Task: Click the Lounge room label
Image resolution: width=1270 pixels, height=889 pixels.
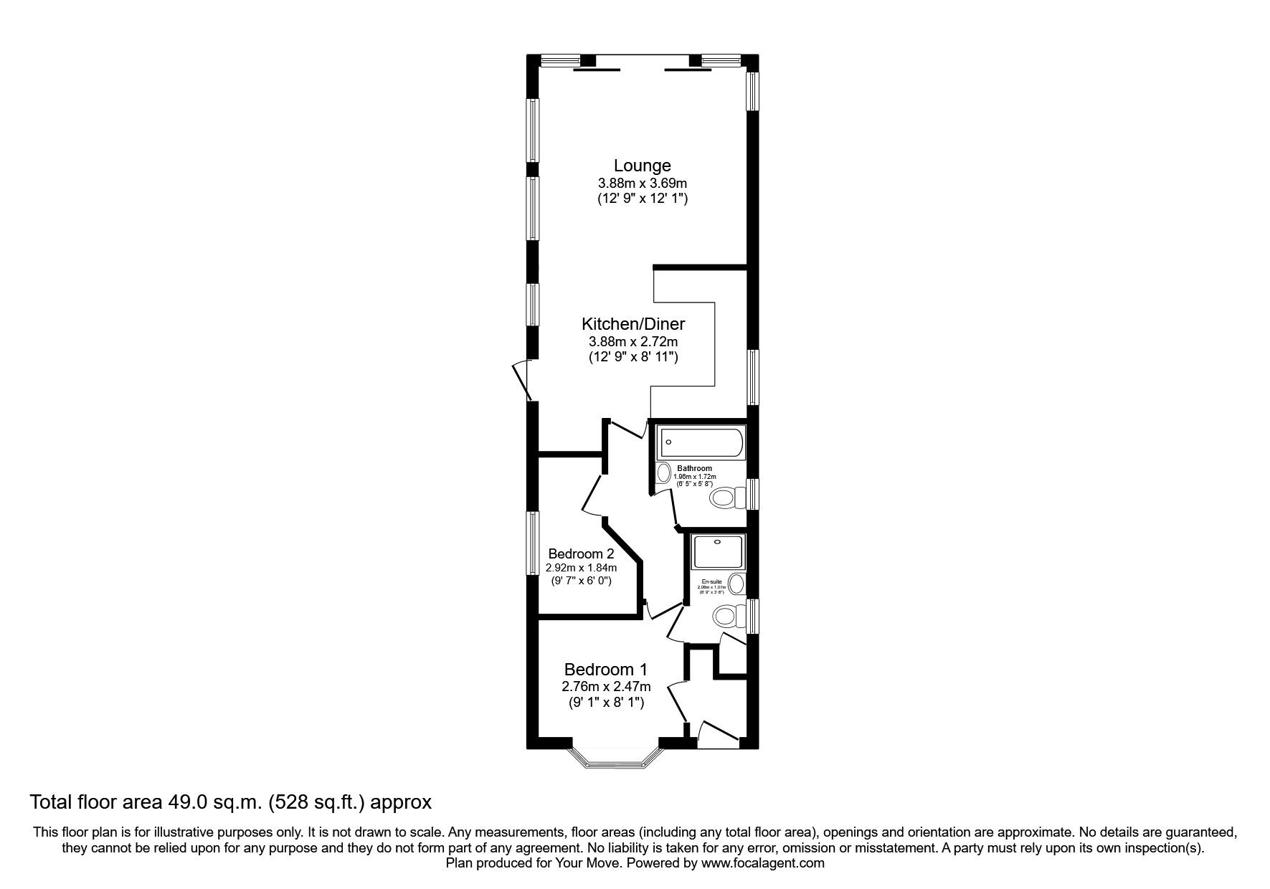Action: pos(642,166)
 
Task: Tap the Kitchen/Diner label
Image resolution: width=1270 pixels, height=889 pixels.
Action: pos(632,324)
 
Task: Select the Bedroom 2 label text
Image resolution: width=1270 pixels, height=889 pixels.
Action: pos(581,553)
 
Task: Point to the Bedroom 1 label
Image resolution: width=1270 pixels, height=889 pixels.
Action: pos(605,670)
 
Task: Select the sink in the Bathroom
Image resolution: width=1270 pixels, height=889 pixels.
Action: pos(663,472)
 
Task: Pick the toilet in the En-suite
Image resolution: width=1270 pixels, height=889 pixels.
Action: pos(726,615)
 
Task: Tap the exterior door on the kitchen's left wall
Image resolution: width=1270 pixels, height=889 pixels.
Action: pos(521,381)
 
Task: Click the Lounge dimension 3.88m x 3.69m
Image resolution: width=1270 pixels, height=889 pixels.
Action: pos(642,184)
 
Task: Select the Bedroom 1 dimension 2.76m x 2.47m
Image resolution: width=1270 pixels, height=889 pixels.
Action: pos(605,687)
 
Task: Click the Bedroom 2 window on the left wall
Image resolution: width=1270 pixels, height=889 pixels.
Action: pos(533,543)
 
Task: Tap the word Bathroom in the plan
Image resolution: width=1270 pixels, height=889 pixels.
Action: pos(694,468)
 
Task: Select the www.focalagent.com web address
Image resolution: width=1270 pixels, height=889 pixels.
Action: pos(762,863)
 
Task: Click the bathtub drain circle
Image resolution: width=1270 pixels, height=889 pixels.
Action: pos(668,442)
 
